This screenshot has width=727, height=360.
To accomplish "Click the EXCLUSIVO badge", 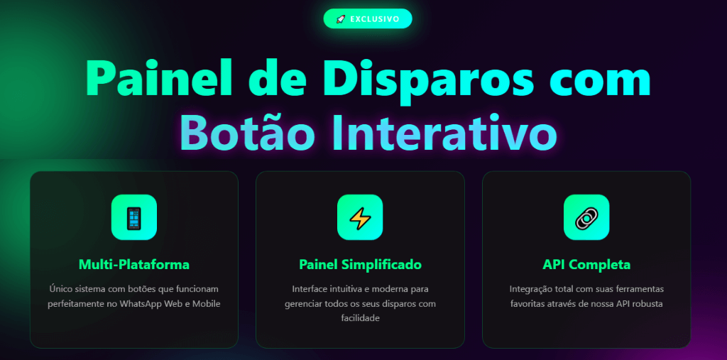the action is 367,19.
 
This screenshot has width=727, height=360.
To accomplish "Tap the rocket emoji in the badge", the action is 340,19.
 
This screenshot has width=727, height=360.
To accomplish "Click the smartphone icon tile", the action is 134,217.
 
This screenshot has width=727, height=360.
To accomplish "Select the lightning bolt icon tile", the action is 360,217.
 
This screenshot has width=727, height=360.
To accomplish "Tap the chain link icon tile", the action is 586,217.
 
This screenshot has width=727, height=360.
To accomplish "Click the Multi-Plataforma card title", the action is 134,265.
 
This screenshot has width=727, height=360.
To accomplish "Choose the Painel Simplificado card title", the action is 360,265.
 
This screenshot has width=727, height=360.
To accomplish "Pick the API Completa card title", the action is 586,265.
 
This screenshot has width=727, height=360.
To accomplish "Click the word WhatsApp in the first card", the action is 142,305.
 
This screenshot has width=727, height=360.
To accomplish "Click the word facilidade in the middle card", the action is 360,318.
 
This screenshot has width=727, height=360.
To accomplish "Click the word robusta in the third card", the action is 649,304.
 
